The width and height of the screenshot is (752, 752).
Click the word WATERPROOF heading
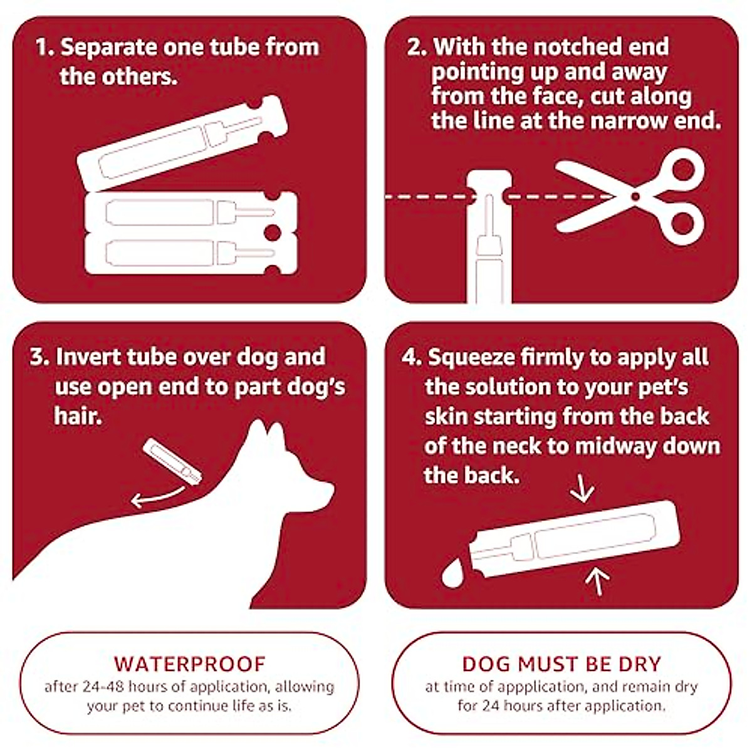tap(189, 664)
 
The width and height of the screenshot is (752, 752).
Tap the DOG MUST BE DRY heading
tap(561, 664)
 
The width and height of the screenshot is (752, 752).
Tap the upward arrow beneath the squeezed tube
tap(597, 580)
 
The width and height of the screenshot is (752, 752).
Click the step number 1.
tap(43, 48)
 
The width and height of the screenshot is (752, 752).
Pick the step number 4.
tap(411, 357)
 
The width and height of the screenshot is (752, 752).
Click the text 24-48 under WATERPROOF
tap(105, 686)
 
